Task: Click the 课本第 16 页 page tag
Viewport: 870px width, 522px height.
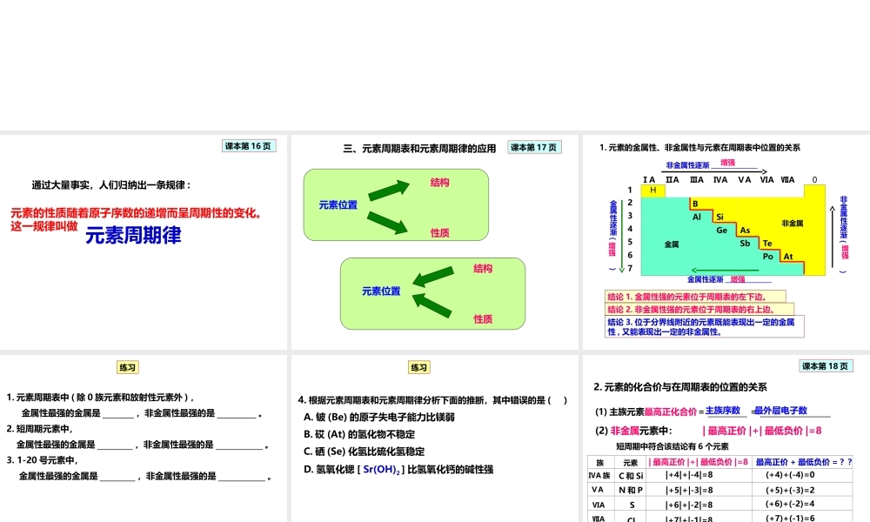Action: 249,146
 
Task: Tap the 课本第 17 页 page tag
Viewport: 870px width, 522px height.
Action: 534,147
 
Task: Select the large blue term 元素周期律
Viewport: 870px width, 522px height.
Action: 133,234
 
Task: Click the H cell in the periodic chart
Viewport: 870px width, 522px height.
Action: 652,191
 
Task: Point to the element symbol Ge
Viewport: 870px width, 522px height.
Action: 721,231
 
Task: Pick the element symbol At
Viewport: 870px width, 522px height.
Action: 788,257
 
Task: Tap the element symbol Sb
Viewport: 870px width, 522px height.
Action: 745,244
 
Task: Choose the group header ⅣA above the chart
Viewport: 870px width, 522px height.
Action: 720,180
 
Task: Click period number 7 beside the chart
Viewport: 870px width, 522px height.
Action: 630,269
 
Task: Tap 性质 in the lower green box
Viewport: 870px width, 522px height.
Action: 484,319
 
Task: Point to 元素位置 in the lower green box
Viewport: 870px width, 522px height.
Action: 381,291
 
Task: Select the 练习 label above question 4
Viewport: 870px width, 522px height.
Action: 419,367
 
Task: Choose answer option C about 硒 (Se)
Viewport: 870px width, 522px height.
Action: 364,452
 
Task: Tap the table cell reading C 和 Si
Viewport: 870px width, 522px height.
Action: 631,476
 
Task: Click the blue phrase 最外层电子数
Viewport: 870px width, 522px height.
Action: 780,411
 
